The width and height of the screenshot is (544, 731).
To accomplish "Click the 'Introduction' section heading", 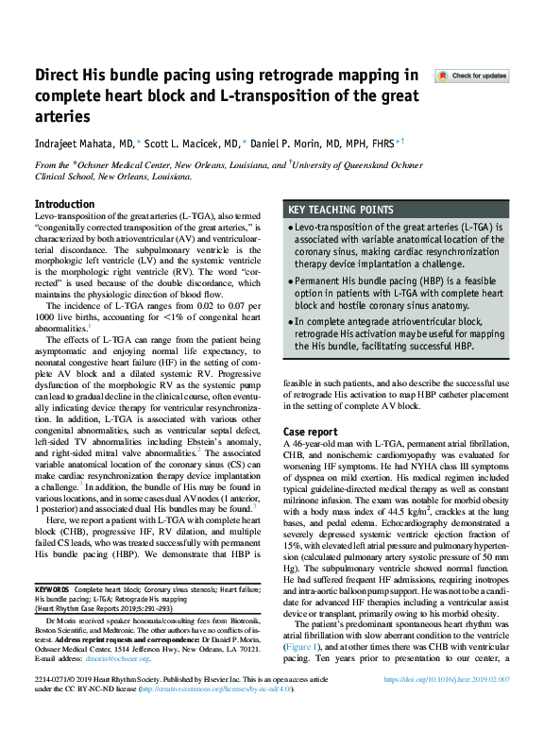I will click(64, 204).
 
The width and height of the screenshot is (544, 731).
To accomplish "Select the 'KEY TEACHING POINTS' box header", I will click(340, 210).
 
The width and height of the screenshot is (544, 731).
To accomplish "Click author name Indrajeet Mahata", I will click(71, 142).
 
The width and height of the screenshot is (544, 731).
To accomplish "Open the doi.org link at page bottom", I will click(447, 707).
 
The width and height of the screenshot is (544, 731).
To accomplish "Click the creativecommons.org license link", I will click(216, 716).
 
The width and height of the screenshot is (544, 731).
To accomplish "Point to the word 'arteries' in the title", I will click(62, 117).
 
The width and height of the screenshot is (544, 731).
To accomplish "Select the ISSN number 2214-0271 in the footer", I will click(57, 707).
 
